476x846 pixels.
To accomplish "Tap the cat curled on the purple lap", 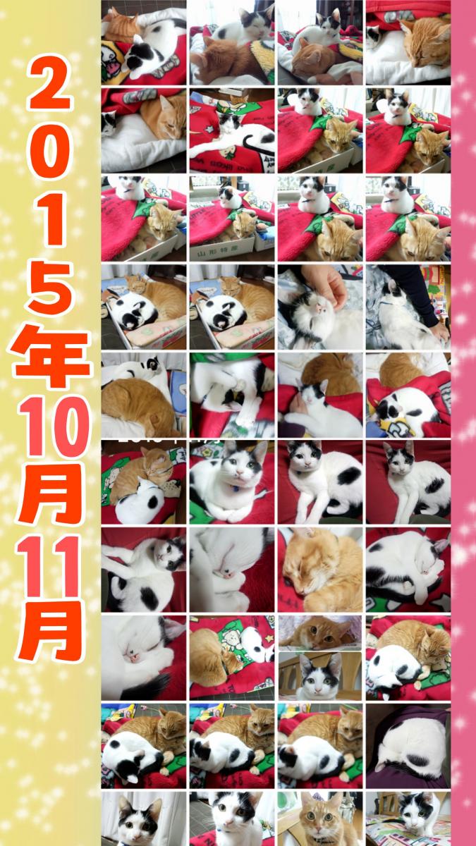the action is (410, 742).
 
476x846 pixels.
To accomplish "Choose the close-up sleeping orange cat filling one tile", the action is (320, 570).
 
